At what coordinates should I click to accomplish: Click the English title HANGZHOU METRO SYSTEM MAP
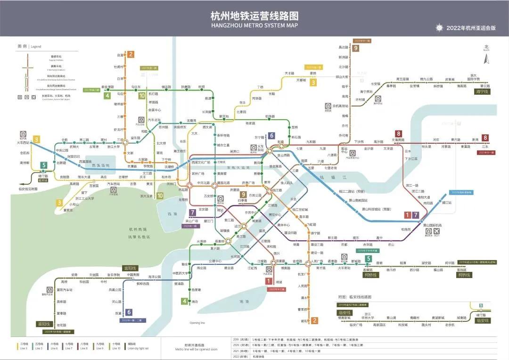(x=254, y=25)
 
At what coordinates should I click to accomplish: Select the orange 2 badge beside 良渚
(x=131, y=54)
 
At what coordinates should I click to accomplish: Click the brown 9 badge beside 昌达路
(x=355, y=48)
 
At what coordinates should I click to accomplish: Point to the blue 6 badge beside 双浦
(x=128, y=312)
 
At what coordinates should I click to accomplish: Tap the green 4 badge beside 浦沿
(x=184, y=301)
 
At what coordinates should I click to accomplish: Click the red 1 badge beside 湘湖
(x=269, y=281)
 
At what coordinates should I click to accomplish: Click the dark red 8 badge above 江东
(x=484, y=138)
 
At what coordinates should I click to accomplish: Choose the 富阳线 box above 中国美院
(x=130, y=268)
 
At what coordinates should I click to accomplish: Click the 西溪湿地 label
(x=100, y=165)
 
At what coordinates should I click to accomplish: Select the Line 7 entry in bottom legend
(x=69, y=346)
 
